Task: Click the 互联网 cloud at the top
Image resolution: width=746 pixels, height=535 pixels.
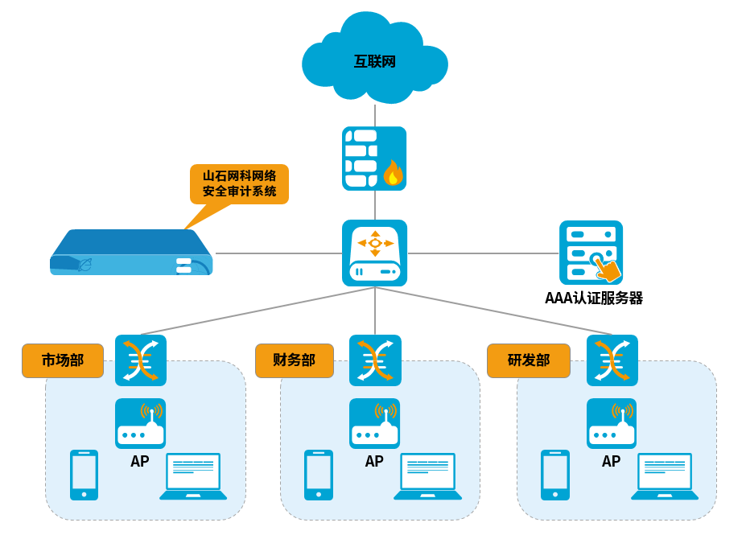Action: [375, 61]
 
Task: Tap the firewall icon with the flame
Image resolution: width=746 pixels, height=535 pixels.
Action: [374, 158]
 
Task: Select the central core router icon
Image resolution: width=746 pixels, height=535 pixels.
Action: [374, 253]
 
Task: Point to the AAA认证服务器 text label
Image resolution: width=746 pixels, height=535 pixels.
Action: [594, 298]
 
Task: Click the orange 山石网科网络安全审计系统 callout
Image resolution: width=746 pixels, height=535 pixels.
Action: [239, 184]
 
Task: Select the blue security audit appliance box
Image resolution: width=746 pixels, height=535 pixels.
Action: [131, 253]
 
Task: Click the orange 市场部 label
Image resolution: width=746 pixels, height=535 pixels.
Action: [63, 360]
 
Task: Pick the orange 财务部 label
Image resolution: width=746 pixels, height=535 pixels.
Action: [295, 360]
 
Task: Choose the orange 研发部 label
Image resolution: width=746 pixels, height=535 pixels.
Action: [529, 360]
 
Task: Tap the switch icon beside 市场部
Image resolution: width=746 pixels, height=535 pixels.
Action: [141, 360]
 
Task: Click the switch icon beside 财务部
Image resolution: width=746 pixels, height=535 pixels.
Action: [375, 360]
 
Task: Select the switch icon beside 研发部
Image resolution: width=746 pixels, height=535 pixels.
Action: [612, 360]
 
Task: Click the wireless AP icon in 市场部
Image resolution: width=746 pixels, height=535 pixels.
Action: [140, 423]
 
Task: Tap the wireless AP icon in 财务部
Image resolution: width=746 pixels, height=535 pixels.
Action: [374, 423]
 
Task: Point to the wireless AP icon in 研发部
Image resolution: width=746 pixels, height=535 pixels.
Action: [612, 423]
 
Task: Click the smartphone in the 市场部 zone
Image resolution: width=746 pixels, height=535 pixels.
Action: [84, 475]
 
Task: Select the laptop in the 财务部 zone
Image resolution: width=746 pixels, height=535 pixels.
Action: [428, 476]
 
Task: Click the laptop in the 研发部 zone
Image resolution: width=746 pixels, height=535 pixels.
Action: [665, 476]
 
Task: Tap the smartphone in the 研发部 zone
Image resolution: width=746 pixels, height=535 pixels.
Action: [555, 475]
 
